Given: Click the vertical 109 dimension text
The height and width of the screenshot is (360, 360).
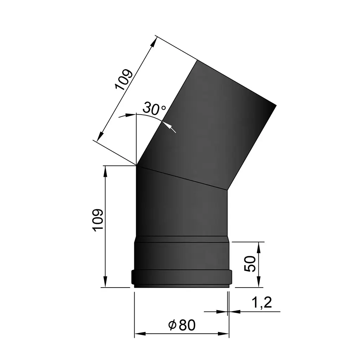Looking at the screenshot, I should (x=99, y=220).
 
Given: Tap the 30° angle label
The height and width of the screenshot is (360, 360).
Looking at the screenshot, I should (x=154, y=109).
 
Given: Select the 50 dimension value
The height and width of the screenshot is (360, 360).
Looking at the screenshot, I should (x=250, y=264).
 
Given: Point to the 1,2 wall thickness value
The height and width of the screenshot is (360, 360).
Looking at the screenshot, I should (x=262, y=303).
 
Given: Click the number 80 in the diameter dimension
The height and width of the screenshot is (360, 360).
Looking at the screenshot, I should (x=187, y=325).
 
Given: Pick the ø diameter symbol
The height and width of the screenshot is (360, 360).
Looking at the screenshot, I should (x=172, y=326).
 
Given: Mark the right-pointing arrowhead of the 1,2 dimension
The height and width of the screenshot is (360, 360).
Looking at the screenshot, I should (x=223, y=311).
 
